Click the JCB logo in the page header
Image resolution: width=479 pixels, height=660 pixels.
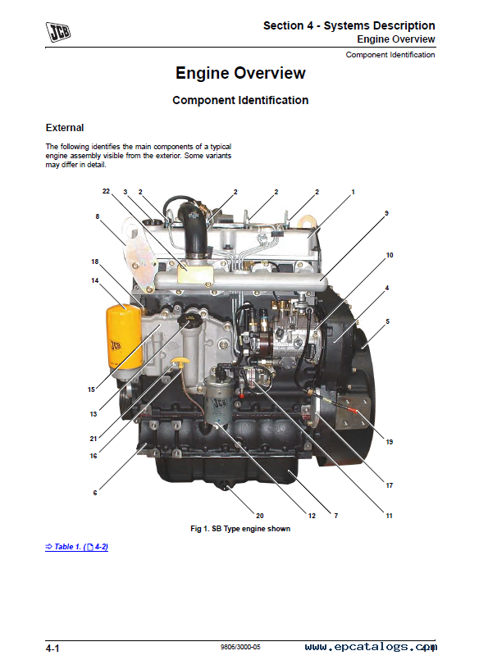point(58,32)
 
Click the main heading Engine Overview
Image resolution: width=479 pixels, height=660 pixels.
point(240,73)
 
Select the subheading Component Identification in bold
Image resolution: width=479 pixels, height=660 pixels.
point(240,100)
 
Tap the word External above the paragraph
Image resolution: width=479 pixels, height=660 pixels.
point(65,128)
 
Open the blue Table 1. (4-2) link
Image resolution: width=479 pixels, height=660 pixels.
point(76,547)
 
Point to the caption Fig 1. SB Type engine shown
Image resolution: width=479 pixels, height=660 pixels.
point(240,529)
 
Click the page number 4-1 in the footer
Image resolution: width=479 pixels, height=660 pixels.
point(52,649)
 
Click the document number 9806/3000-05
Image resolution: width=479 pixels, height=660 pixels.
point(240,647)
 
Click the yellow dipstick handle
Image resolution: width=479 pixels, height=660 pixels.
point(180,362)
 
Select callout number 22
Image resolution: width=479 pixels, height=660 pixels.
point(106,191)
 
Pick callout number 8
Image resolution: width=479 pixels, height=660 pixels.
point(98,216)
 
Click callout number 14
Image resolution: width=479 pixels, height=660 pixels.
point(94,280)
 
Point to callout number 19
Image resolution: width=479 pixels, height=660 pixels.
point(390,442)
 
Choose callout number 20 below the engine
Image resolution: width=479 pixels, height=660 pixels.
point(260,516)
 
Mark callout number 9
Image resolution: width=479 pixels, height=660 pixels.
point(386,213)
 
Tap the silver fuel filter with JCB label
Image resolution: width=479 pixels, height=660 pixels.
point(218,400)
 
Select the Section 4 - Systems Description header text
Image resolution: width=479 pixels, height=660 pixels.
point(349,25)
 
